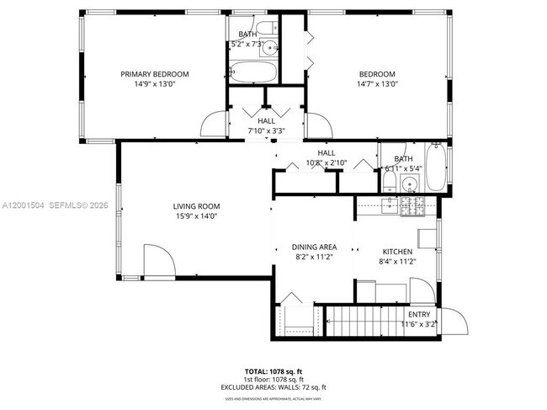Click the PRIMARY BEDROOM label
pyautogui.click(x=154, y=74)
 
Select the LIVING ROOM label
pyautogui.click(x=196, y=206)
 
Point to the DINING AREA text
pyautogui.click(x=314, y=247)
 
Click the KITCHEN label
pyautogui.click(x=397, y=252)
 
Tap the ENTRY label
pyautogui.click(x=418, y=314)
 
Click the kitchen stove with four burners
pyautogui.click(x=412, y=205)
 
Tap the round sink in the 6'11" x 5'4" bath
pyautogui.click(x=409, y=184)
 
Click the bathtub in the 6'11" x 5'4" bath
pyautogui.click(x=437, y=169)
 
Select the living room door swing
pyautogui.click(x=158, y=260)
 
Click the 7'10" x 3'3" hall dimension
pyautogui.click(x=266, y=130)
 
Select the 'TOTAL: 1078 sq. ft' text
pyautogui.click(x=273, y=371)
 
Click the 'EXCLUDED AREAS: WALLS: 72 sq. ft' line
pyautogui.click(x=273, y=386)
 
